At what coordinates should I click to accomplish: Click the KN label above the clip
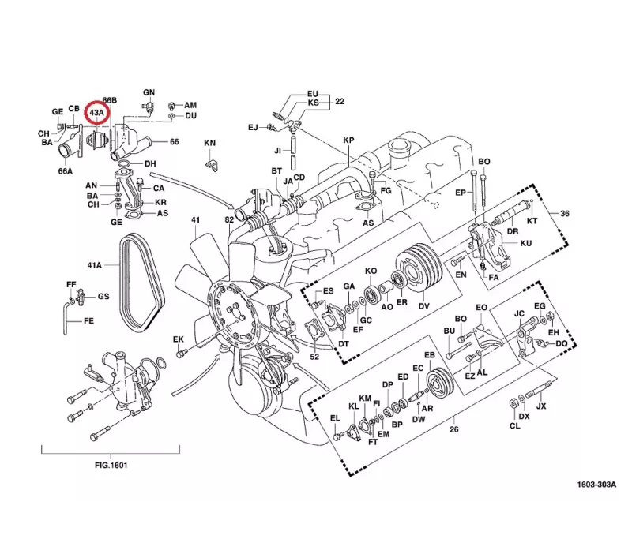click(209, 143)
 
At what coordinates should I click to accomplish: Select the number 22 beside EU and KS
click(340, 102)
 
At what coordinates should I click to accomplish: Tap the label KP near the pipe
click(348, 140)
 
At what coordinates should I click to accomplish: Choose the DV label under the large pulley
click(423, 306)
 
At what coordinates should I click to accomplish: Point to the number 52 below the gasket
click(314, 357)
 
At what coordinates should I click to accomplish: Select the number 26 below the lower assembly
click(453, 429)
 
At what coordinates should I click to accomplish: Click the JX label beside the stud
click(541, 407)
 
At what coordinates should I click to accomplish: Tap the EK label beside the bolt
click(179, 339)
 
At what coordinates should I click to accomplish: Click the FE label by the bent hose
click(88, 322)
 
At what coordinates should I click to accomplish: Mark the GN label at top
click(149, 93)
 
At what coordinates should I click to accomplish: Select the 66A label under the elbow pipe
click(66, 170)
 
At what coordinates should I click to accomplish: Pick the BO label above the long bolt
click(484, 162)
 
